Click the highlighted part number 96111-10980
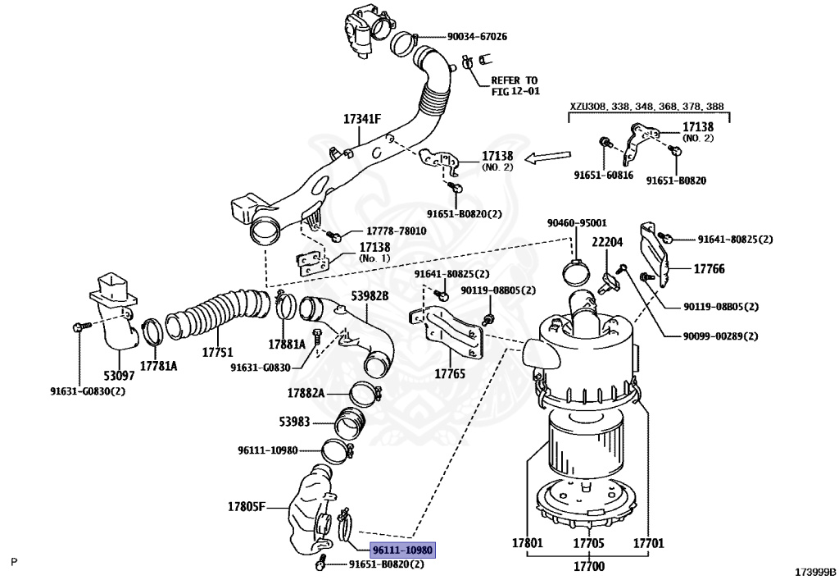coord(401,550)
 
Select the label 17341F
coord(362,119)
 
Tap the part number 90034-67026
coord(477,37)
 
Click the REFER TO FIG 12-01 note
coord(514,85)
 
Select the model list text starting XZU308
coord(647,107)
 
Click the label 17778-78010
coord(387,231)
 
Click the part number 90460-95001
coord(577,222)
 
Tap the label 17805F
coord(247,506)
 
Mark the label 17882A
coord(306,394)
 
